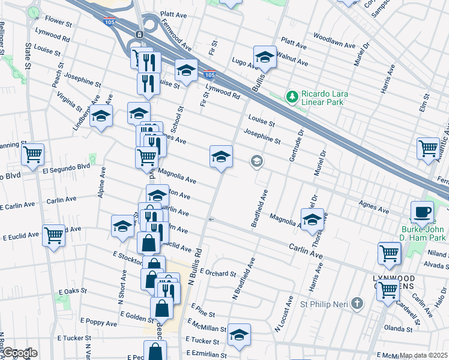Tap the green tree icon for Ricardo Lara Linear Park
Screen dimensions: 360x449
pyautogui.click(x=292, y=96)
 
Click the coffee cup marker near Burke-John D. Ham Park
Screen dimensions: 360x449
pyautogui.click(x=422, y=212)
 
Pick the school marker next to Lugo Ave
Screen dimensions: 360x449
pyautogui.click(x=264, y=57)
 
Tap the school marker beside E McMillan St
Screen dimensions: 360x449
pyautogui.click(x=239, y=334)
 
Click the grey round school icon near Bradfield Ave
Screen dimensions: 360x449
pyautogui.click(x=256, y=161)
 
